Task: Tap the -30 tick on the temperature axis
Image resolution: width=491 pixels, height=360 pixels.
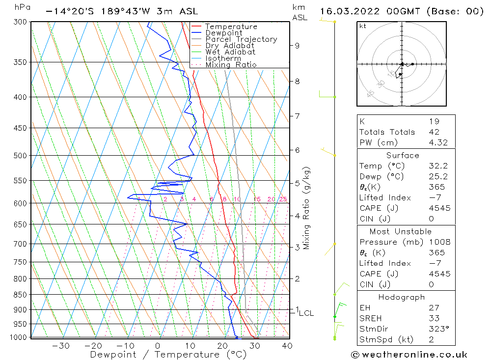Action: [60, 346]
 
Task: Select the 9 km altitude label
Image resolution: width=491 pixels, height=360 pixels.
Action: [297, 46]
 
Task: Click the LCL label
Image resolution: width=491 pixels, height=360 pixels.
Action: [306, 313]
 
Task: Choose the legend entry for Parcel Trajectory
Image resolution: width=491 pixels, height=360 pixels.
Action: [241, 39]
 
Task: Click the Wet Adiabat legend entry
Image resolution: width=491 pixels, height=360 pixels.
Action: [230, 52]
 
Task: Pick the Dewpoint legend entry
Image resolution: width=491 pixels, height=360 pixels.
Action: [223, 33]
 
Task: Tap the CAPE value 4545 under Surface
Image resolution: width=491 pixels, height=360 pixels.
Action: [439, 208]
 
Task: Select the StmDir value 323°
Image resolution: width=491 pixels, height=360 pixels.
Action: [438, 329]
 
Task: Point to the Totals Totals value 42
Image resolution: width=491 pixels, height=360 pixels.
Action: [434, 132]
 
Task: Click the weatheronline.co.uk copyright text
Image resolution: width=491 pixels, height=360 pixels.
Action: [409, 355]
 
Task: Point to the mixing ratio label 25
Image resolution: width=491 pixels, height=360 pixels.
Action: [283, 199]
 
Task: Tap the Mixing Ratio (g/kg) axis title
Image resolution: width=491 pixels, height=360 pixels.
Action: [306, 208]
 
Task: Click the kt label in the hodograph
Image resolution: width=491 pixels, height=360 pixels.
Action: [363, 26]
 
